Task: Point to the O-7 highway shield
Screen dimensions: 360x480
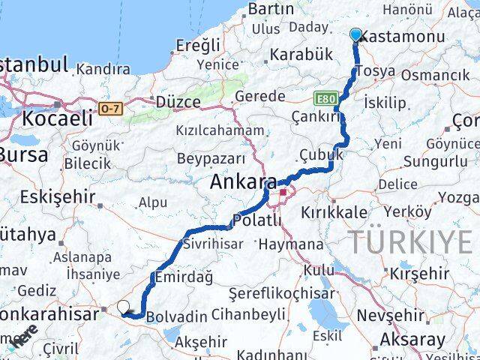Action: pyautogui.click(x=110, y=108)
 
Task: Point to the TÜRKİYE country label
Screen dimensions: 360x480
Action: pyautogui.click(x=410, y=242)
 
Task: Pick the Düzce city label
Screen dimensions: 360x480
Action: pyautogui.click(x=178, y=101)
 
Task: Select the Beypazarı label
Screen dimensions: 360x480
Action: pyautogui.click(x=211, y=158)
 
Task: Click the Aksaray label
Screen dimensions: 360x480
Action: pyautogui.click(x=412, y=339)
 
